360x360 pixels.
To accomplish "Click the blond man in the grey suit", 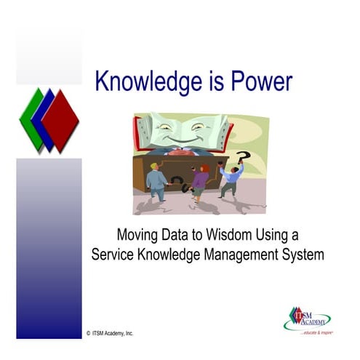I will click(x=156, y=181).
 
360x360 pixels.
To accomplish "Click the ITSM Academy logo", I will click(x=306, y=317).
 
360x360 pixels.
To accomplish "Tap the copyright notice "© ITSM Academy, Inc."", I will click(x=111, y=333).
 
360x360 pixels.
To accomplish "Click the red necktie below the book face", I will click(x=183, y=151).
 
